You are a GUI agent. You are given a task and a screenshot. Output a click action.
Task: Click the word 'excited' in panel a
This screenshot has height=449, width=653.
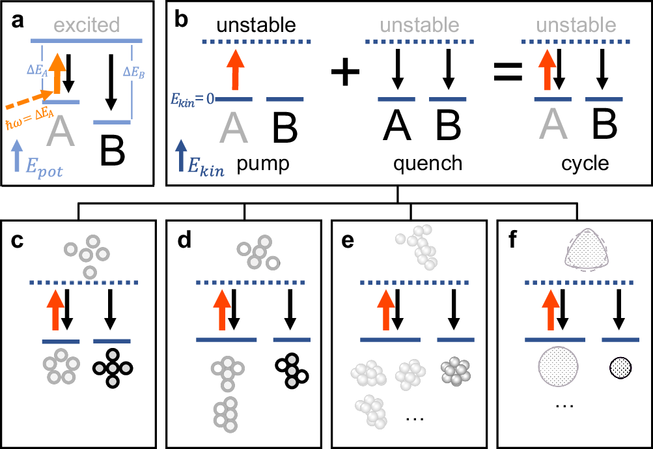pyautogui.click(x=87, y=25)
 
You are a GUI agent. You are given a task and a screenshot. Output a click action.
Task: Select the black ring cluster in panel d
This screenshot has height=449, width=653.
pyautogui.click(x=291, y=370)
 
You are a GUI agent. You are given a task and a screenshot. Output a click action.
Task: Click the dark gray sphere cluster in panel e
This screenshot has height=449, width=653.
pyautogui.click(x=454, y=369)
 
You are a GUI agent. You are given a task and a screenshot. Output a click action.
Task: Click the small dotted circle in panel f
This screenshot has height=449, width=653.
pyautogui.click(x=619, y=368)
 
